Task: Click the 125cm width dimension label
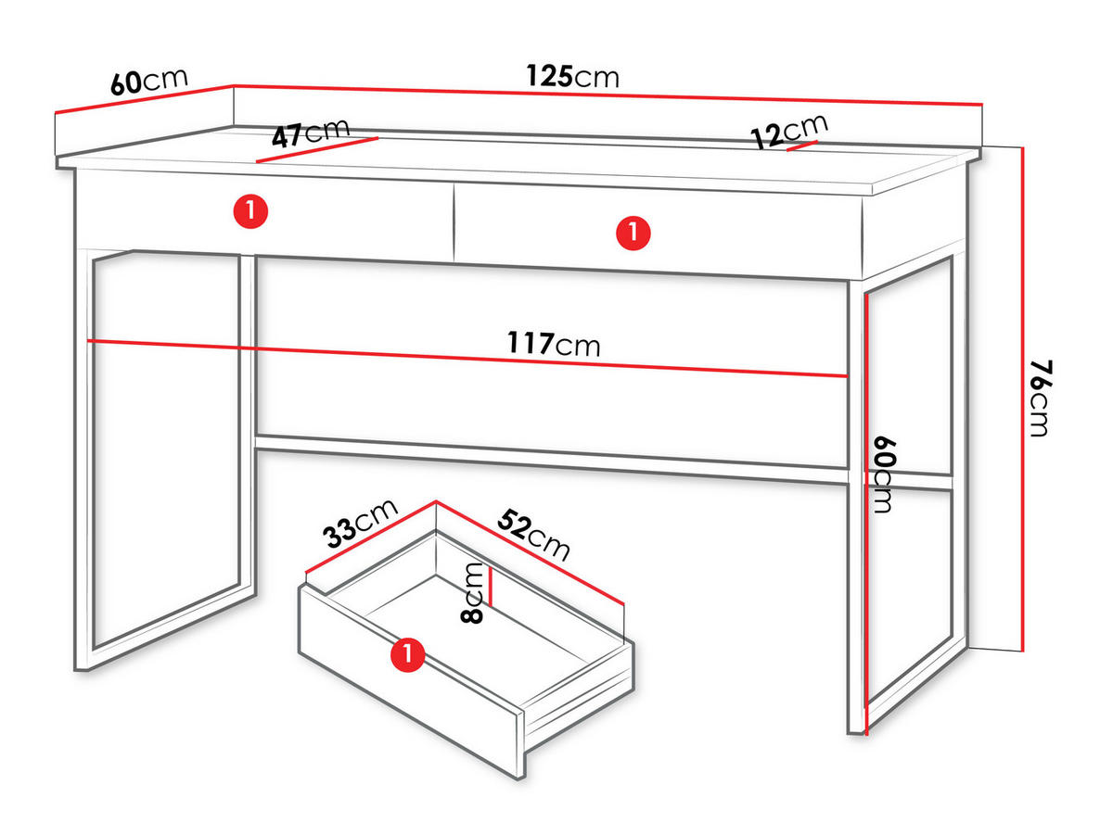pos(572,76)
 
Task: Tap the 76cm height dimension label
pos(1040,399)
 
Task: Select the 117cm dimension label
pos(554,344)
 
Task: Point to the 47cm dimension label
pos(311,133)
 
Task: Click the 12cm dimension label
pos(789,132)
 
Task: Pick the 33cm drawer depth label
pos(361,524)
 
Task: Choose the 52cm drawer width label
pos(533,535)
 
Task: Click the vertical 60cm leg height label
pos(884,474)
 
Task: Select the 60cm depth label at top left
pos(149,81)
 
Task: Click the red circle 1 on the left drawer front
pos(250,210)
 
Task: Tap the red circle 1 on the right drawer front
pos(633,233)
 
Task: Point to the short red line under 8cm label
pos(491,586)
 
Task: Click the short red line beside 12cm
pos(801,145)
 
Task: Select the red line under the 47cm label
pos(317,150)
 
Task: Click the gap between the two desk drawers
pos(454,222)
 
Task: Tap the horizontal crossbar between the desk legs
pos(552,459)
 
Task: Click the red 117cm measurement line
pos(467,359)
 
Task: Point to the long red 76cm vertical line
pos(1023,399)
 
